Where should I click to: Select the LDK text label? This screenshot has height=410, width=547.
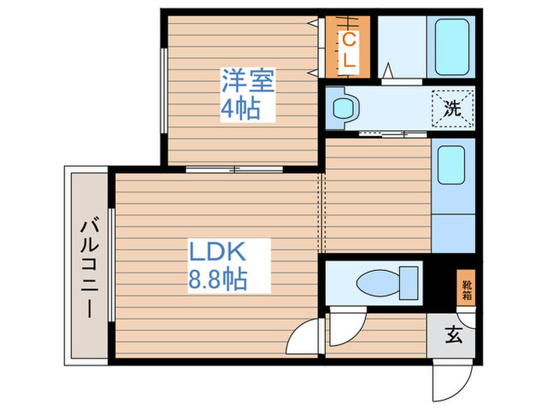pos(216,253)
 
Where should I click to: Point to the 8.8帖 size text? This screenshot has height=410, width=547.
pos(218,279)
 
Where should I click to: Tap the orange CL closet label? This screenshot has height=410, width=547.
pos(349,48)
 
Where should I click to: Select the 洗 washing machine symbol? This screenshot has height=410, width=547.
pos(452,107)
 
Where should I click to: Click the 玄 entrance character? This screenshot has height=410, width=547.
pos(452,335)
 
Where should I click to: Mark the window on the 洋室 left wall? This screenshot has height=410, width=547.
pos(163,90)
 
